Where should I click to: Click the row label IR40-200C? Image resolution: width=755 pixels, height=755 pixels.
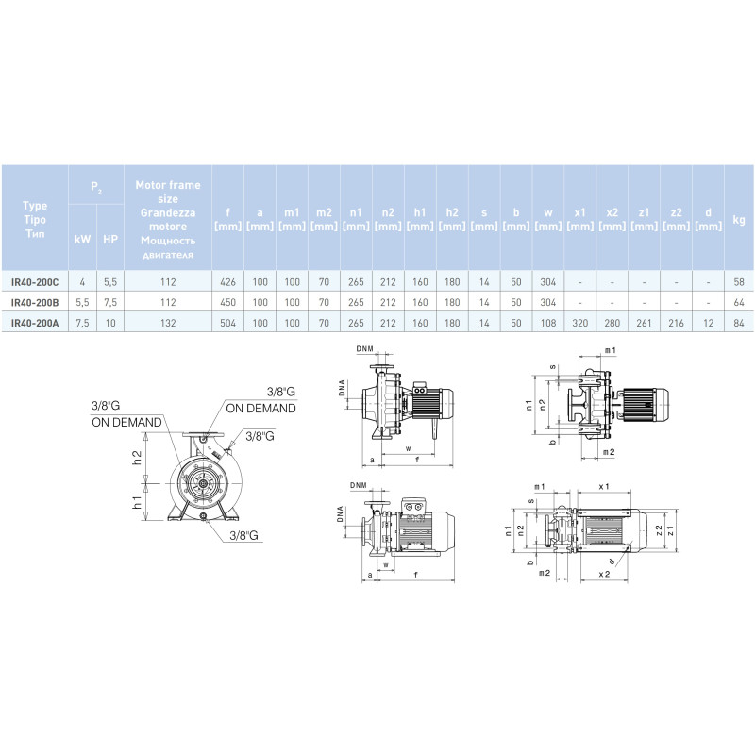click(x=35, y=282)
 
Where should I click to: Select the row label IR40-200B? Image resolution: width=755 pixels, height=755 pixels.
click(x=35, y=302)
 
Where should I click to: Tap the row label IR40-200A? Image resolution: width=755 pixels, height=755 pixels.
click(x=35, y=323)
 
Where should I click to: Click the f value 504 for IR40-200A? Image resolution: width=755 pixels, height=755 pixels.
click(x=227, y=323)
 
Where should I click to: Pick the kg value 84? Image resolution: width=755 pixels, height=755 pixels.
click(x=739, y=323)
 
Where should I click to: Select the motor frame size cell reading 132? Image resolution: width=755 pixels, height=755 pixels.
click(x=168, y=323)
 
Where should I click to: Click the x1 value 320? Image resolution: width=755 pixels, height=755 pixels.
click(x=579, y=323)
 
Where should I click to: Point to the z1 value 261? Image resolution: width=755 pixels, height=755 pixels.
click(x=644, y=323)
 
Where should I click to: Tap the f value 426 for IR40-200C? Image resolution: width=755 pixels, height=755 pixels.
click(x=227, y=282)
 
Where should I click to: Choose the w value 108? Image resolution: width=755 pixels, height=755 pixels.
click(x=548, y=323)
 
